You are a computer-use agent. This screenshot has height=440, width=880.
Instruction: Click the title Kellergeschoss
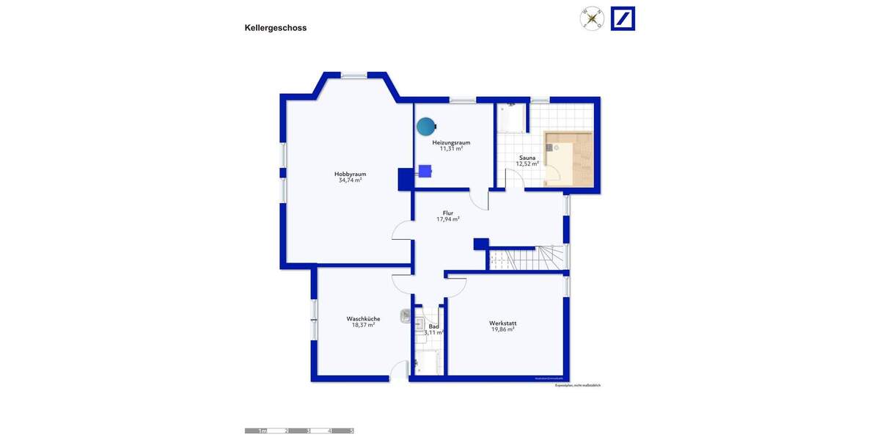pos(275,28)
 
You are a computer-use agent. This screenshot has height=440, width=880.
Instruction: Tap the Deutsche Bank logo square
pos(623,18)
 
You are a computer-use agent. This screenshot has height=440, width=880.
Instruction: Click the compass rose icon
pos(592,18)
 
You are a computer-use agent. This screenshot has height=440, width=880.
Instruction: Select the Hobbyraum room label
pos(350,174)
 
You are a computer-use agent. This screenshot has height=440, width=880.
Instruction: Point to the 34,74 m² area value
pos(350,180)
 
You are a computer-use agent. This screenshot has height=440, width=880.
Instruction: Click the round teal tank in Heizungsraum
pos(425,127)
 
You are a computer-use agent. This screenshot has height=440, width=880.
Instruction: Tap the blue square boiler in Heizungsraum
pos(425,171)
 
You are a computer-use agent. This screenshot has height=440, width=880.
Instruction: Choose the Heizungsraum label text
pos(451,142)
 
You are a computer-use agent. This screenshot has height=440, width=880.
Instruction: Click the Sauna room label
pos(527,158)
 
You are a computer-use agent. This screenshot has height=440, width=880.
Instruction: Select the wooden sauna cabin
pos(568,158)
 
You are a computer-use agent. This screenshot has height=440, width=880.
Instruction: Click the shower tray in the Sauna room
pos(512,119)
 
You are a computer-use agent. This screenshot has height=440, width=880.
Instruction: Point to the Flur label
pos(447,213)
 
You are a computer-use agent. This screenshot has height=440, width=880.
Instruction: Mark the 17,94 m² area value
pos(447,219)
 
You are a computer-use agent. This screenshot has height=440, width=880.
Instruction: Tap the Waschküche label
pos(363,318)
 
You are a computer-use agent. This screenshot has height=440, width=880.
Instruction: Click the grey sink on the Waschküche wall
pos(406,315)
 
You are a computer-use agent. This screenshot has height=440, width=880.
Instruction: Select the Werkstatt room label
pos(502,323)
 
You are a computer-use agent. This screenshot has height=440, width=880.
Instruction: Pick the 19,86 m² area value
pos(502,330)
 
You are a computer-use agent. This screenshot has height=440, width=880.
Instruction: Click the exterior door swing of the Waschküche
pos(400,372)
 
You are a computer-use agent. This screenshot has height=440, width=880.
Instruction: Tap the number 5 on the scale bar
pos(351,431)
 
